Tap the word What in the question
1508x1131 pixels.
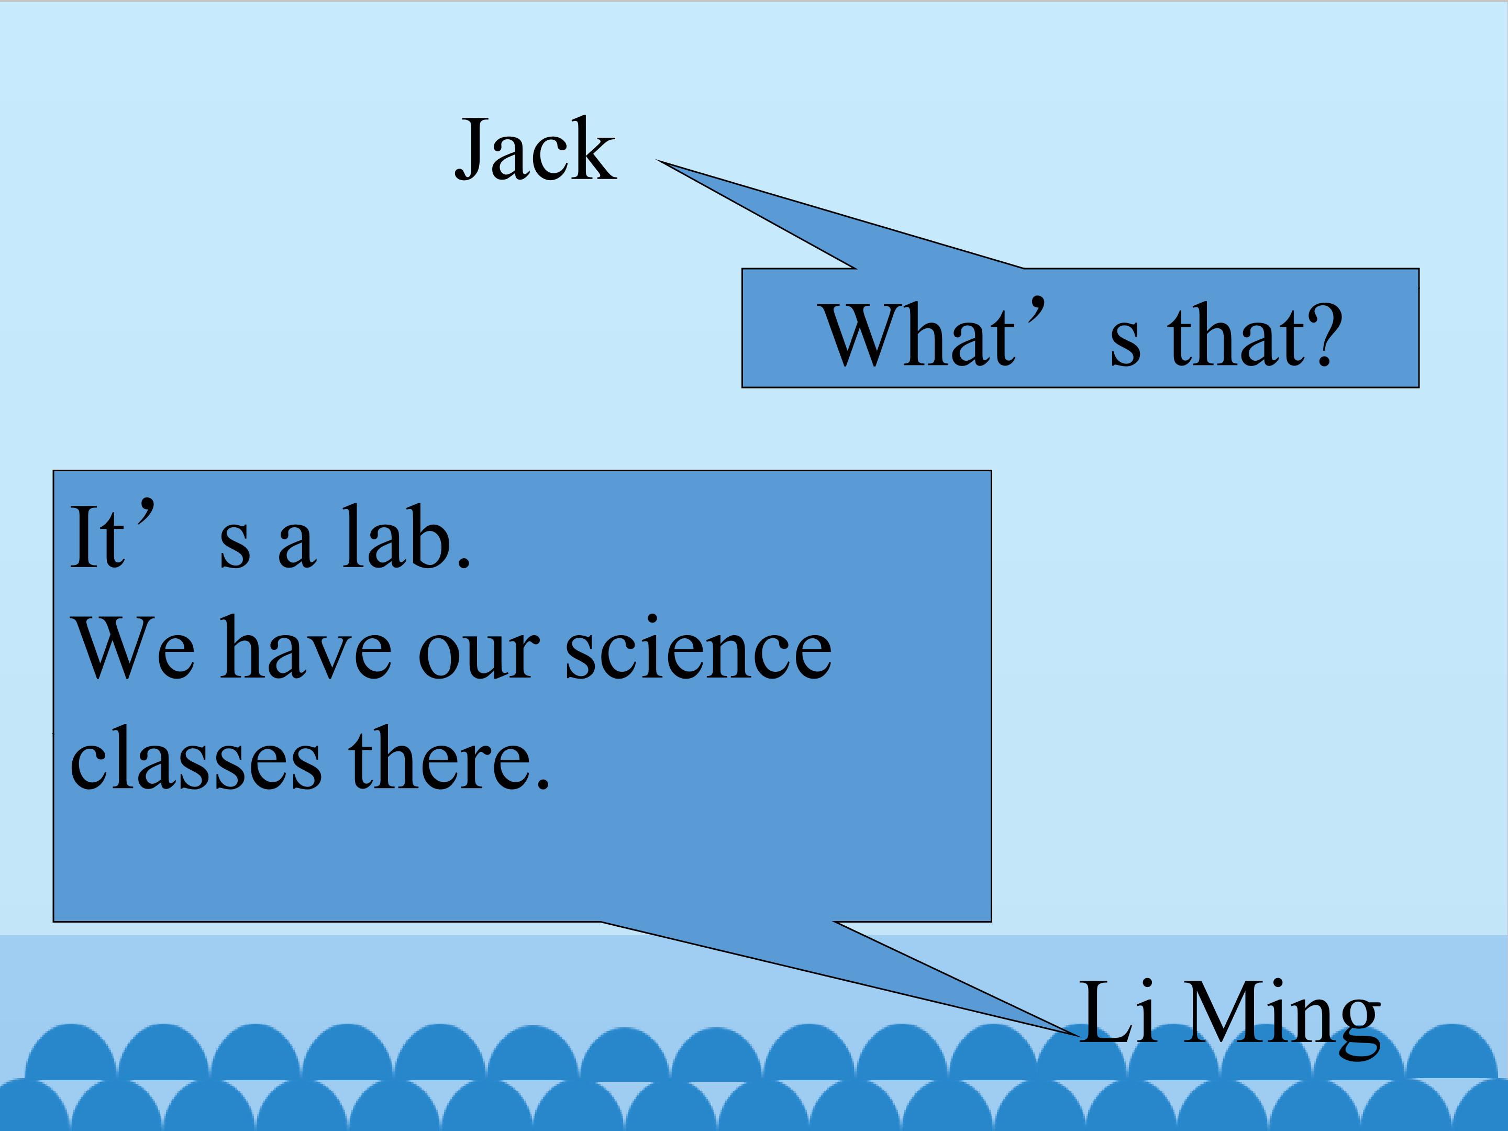[919, 334]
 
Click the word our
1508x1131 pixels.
[479, 656]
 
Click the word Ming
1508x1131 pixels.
[1282, 1018]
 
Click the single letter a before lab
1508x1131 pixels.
[296, 546]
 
